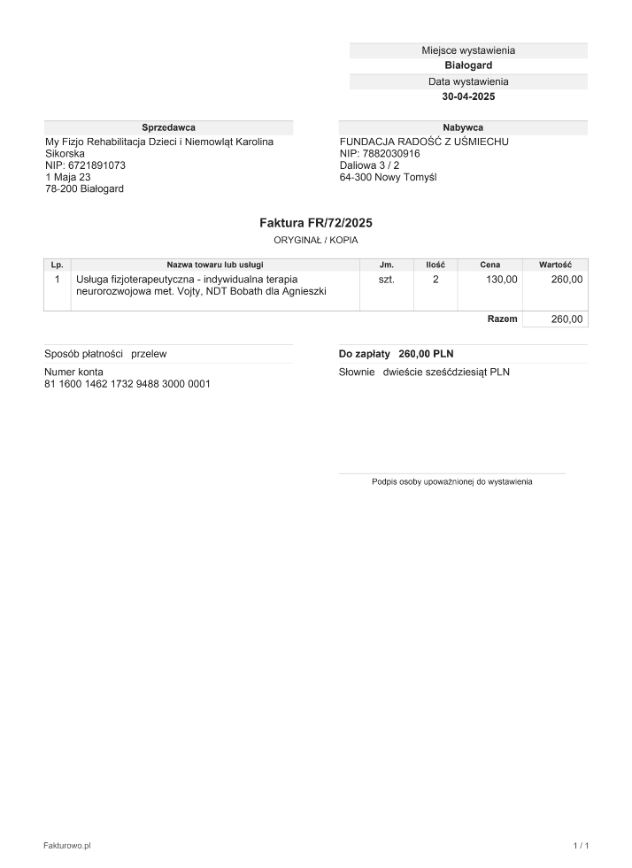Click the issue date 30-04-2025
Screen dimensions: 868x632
click(468, 96)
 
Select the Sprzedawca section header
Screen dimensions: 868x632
click(168, 127)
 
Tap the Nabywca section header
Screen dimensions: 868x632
click(463, 127)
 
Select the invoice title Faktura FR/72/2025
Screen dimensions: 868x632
click(316, 224)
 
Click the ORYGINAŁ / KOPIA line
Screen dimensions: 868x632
click(316, 240)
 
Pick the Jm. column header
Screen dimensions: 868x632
click(386, 265)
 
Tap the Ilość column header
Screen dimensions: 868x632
click(435, 265)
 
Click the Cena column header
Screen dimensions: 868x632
click(489, 265)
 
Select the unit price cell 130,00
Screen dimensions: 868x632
click(501, 280)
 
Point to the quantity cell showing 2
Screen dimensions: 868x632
click(435, 280)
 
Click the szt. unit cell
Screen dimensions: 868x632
click(386, 280)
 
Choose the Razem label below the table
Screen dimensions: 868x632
click(502, 319)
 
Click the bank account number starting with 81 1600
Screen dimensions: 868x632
click(127, 384)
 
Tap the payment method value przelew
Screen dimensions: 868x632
click(149, 354)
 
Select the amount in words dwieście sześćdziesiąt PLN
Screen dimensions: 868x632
click(446, 373)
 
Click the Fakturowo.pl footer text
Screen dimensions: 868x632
click(67, 847)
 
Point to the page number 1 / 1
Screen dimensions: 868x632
click(581, 847)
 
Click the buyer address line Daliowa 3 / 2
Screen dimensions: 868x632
click(369, 165)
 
